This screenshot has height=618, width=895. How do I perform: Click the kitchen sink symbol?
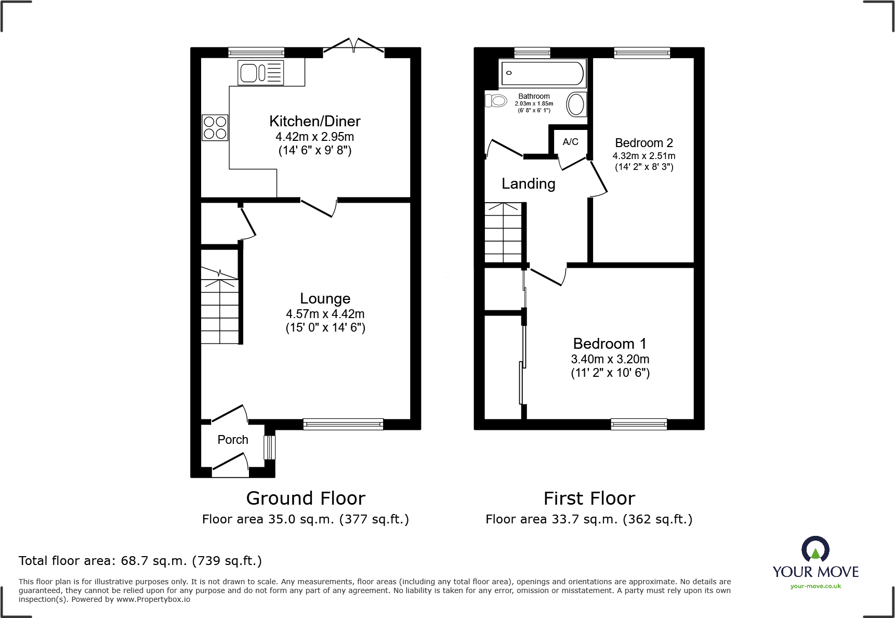click(261, 72)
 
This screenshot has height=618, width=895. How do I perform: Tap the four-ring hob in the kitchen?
click(215, 127)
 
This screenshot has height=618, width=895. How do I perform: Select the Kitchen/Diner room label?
click(315, 121)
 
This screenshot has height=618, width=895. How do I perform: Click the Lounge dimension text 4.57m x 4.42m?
click(325, 314)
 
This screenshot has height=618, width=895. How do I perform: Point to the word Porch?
click(233, 440)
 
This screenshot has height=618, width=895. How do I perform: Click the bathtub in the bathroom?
click(542, 73)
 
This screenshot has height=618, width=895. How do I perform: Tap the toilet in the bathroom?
click(496, 100)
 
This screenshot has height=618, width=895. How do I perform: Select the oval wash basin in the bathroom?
click(576, 104)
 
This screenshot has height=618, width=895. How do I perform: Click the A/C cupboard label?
click(571, 141)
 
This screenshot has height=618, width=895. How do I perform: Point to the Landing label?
click(529, 184)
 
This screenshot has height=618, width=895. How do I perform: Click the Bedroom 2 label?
click(644, 143)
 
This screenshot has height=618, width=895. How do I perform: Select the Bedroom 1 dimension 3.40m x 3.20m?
click(610, 359)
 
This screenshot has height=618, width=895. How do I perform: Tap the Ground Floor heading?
click(306, 498)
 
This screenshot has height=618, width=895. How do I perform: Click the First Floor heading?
click(589, 498)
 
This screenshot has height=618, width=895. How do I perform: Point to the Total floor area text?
click(140, 561)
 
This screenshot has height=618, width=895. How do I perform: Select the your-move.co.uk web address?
click(815, 586)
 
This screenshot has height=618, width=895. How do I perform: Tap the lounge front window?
click(343, 424)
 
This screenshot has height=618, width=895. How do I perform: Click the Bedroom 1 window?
click(639, 424)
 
